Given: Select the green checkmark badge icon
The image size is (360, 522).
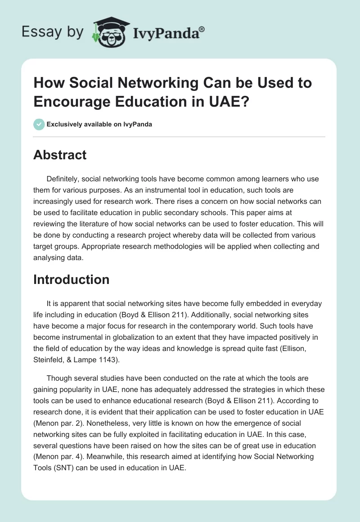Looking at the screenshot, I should [39, 124].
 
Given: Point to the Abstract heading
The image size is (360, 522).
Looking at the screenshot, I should [60, 155].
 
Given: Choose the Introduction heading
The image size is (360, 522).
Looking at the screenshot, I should [71, 279].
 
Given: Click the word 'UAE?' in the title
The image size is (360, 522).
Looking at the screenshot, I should [231, 101].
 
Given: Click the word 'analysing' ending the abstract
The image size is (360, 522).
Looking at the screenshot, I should [50, 258].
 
